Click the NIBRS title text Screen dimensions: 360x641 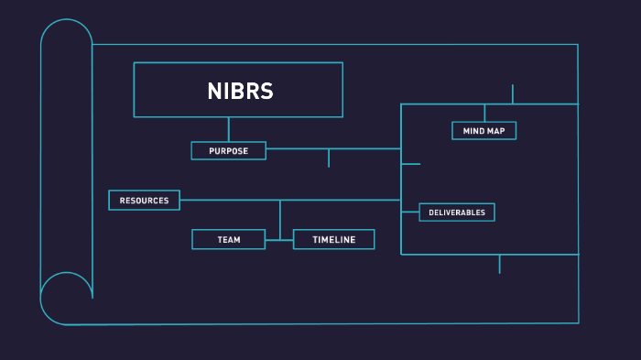(x=240, y=91)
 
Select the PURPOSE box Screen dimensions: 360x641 (x=228, y=151)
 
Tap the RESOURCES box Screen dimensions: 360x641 (x=144, y=200)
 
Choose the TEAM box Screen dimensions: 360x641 (x=228, y=239)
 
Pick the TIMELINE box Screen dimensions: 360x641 (x=333, y=239)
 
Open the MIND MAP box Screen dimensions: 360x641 (x=483, y=131)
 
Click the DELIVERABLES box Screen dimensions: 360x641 (x=457, y=213)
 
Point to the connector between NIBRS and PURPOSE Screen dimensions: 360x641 (x=228, y=129)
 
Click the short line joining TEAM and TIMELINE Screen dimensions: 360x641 (x=279, y=239)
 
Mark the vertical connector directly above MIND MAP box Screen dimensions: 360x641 (x=484, y=113)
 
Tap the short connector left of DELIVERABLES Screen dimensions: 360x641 (x=410, y=213)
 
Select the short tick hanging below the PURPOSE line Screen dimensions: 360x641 (x=329, y=158)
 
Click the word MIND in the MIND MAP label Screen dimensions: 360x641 (x=473, y=131)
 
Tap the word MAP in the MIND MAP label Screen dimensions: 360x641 (x=496, y=131)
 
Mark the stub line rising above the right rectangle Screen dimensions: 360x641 (x=513, y=93)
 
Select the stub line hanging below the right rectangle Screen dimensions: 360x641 (x=499, y=264)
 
